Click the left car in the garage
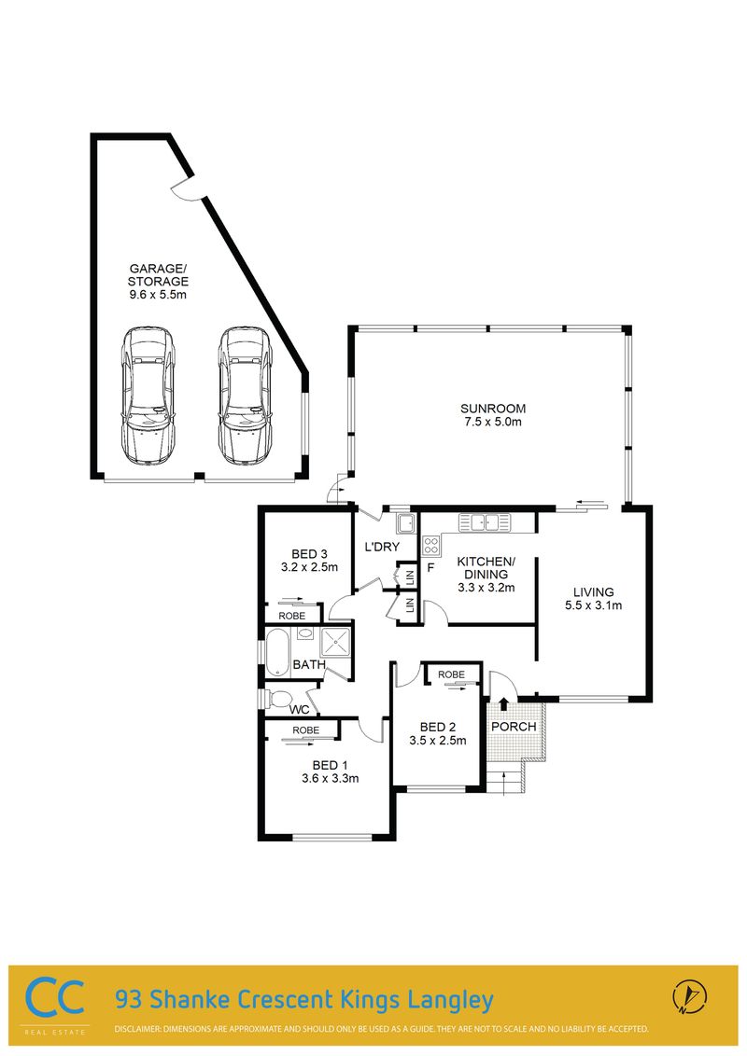point(147,395)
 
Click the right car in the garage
point(246,395)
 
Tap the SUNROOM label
point(493,408)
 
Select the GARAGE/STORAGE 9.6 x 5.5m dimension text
point(158,294)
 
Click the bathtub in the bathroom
point(277,652)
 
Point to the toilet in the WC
point(276,699)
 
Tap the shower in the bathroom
point(336,643)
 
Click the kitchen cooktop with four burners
point(430,545)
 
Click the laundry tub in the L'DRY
point(405,523)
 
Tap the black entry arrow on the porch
point(503,703)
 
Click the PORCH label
point(514,727)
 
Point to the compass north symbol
point(689,996)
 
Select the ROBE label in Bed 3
point(292,616)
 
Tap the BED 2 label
point(438,727)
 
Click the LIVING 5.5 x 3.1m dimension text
point(593,604)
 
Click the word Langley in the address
point(450,1000)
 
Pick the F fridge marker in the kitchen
point(430,567)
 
